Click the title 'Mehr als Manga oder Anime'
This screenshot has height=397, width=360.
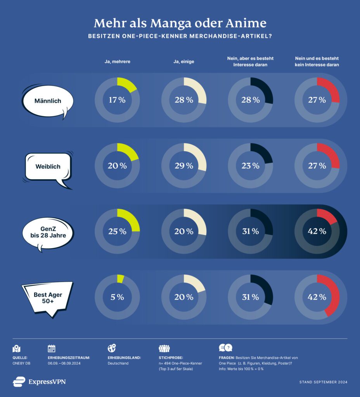pos(180,23)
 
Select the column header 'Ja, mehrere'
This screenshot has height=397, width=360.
pos(117,61)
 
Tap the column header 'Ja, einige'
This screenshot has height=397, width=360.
pos(184,61)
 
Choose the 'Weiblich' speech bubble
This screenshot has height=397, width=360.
pos(48,167)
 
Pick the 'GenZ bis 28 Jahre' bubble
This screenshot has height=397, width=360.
pos(48,231)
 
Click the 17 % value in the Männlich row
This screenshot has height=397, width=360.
pos(117,100)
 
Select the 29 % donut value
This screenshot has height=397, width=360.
pos(184,166)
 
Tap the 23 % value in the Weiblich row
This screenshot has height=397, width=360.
pos(251,166)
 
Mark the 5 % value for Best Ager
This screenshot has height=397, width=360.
pos(117,297)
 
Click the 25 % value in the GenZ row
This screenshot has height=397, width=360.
pos(117,231)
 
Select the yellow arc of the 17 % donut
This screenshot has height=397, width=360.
pos(129,85)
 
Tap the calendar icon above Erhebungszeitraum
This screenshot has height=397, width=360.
pos(52,348)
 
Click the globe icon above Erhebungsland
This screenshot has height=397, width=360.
pos(112,348)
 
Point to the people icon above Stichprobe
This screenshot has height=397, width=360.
pos(164,348)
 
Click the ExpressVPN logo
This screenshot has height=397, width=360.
pos(39,382)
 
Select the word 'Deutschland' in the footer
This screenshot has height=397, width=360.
pos(118,363)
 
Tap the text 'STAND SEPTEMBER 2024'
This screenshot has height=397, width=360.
pos(323,382)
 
